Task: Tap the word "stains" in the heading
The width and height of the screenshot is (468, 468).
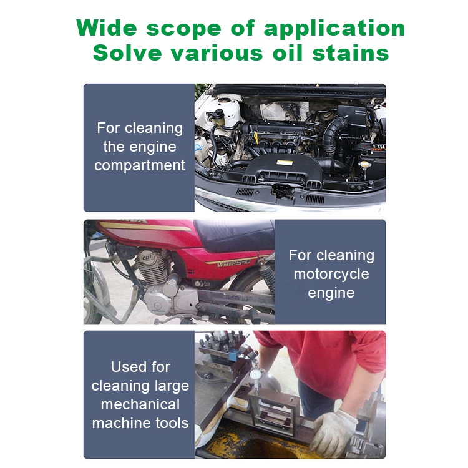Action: (351, 53)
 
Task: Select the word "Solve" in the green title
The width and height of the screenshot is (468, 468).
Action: (127, 53)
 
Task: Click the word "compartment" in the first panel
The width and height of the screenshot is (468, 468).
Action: (140, 165)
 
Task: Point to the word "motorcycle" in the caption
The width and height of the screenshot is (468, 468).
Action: (331, 274)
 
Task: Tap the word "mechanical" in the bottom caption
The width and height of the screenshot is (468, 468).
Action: (140, 404)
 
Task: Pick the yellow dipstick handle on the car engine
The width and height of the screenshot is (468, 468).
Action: (256, 139)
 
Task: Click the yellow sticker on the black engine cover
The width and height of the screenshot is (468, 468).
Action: (285, 163)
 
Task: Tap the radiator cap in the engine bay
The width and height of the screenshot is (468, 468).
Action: (365, 165)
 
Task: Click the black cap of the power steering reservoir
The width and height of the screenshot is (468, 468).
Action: (218, 114)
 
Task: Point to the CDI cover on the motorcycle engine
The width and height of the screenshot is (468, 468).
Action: (147, 257)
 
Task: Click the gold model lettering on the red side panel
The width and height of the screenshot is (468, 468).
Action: (233, 263)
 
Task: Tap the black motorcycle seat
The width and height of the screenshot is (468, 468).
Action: (234, 235)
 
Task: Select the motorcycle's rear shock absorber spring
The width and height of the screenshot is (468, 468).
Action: (268, 276)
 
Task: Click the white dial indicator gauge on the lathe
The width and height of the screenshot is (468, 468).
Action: (256, 375)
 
